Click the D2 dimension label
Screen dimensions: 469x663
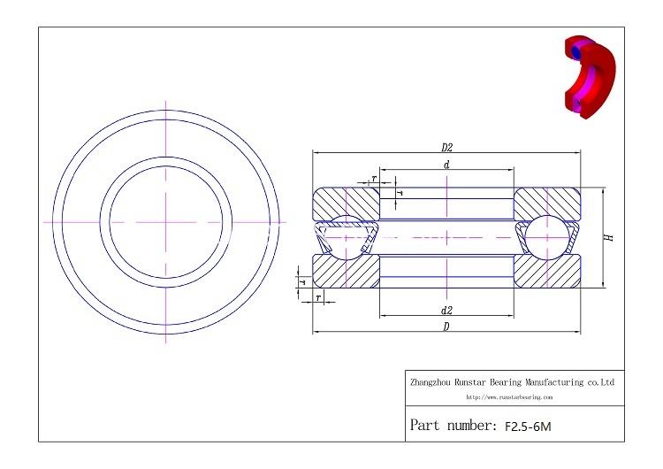tap(447, 147)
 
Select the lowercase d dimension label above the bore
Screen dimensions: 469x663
tap(447, 165)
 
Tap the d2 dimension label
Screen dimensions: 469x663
tap(447, 310)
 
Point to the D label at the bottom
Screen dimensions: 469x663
tap(447, 327)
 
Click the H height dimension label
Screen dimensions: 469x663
tap(609, 238)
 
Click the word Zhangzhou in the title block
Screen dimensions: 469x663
tap(430, 382)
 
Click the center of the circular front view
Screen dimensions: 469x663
tap(165, 220)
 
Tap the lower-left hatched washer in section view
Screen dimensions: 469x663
tap(345, 273)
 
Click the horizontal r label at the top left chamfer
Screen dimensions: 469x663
tap(374, 179)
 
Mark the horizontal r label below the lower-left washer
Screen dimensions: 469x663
tap(318, 298)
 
